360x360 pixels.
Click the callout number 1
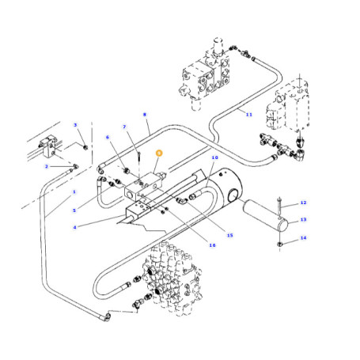click(x=74, y=191)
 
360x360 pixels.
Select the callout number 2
click(x=47, y=166)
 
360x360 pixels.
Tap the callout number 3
click(x=75, y=125)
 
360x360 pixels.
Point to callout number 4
click(x=74, y=227)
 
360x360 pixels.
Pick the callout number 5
click(x=74, y=210)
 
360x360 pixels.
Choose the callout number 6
click(x=108, y=137)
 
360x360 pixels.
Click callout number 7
click(x=124, y=127)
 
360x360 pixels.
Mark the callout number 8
click(x=145, y=115)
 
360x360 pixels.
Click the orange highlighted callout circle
click(x=159, y=153)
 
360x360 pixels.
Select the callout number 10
click(x=215, y=157)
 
